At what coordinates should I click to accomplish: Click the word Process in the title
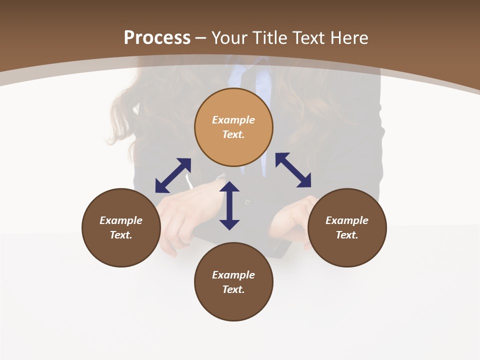157,38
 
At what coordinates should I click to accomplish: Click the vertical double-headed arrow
229,205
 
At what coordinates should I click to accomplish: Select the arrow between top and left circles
173,175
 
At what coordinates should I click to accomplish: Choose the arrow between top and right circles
293,170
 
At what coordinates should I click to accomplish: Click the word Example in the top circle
233,120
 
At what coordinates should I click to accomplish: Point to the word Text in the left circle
121,235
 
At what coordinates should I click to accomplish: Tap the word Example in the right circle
347,220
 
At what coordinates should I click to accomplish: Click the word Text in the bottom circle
233,289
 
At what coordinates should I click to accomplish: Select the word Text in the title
308,38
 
